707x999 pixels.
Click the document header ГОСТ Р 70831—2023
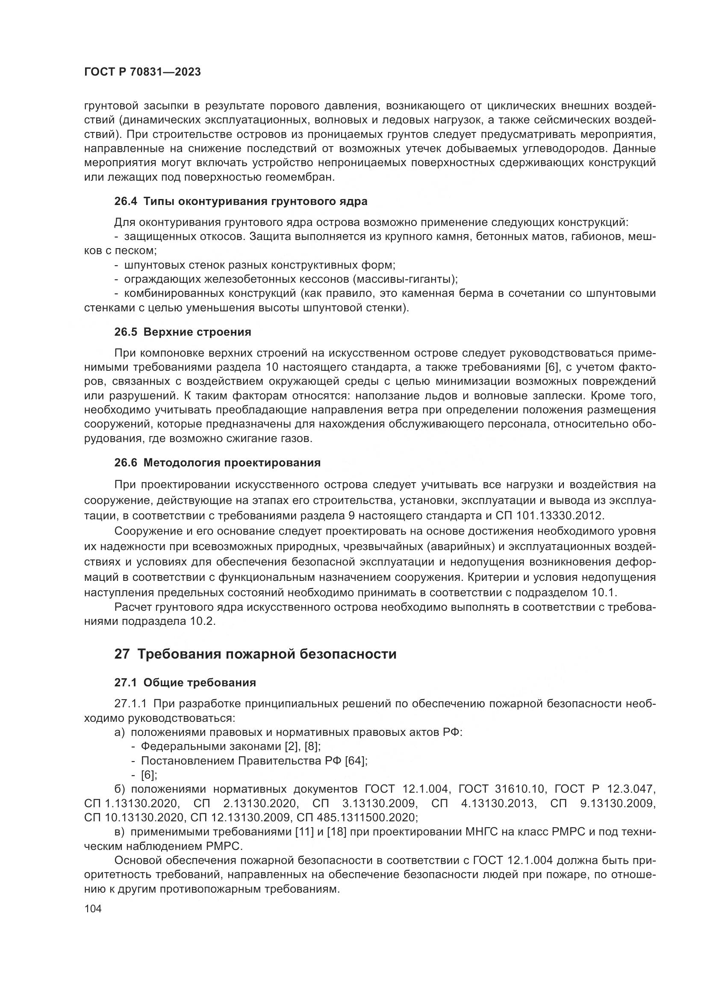point(142,72)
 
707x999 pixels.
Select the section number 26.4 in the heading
point(125,202)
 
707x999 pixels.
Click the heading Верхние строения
point(197,332)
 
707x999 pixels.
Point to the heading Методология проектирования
point(232,463)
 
